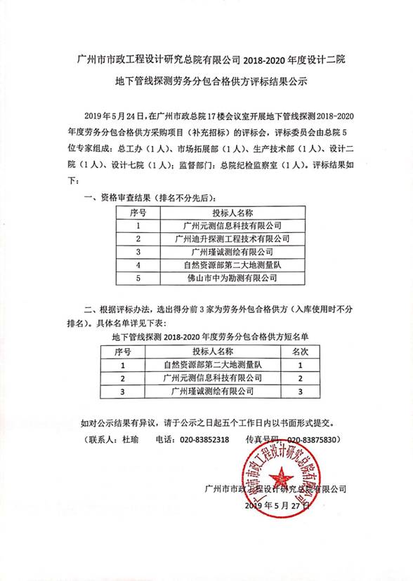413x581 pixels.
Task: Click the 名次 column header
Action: pyautogui.click(x=300, y=352)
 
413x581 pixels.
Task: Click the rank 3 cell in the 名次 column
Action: pyautogui.click(x=300, y=391)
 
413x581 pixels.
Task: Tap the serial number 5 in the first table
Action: pyautogui.click(x=139, y=278)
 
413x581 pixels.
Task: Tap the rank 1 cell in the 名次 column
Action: pyautogui.click(x=300, y=365)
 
